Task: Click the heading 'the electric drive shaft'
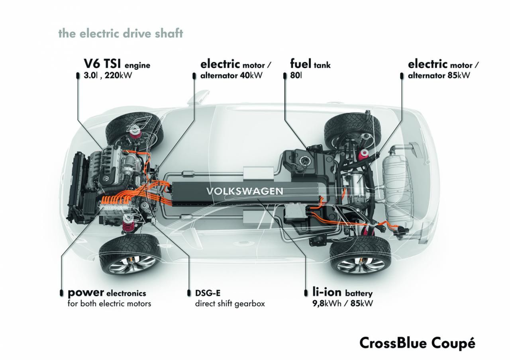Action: tap(121, 33)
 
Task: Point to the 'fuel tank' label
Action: tap(310, 64)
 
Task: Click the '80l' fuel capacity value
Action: tap(296, 75)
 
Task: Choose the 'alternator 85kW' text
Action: tap(439, 75)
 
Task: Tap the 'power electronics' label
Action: tap(107, 293)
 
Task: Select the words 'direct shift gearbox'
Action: tap(230, 304)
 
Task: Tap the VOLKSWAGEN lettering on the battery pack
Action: tap(245, 191)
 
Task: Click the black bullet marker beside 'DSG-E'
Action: tap(189, 293)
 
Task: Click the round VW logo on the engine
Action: tap(106, 178)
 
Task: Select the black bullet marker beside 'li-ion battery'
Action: tap(306, 293)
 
